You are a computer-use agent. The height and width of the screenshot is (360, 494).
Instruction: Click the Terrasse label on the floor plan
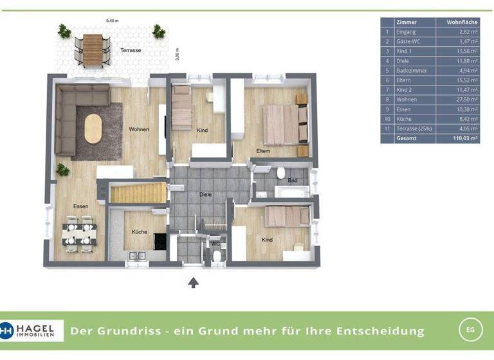pyautogui.click(x=131, y=50)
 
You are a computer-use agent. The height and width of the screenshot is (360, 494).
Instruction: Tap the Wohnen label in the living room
pyautogui.click(x=139, y=129)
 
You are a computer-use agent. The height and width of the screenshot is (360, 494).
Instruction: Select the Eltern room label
pyautogui.click(x=263, y=151)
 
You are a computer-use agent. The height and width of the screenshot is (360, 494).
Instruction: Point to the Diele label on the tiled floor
pyautogui.click(x=206, y=194)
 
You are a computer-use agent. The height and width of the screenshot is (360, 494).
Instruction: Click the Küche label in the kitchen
pyautogui.click(x=140, y=232)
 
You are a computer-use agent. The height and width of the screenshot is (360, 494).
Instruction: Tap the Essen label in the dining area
pyautogui.click(x=80, y=206)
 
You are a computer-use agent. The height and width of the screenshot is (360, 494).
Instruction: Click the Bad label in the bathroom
pyautogui.click(x=293, y=181)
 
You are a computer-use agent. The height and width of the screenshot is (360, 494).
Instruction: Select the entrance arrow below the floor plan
pyautogui.click(x=192, y=282)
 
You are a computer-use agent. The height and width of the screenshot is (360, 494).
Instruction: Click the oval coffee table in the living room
pyautogui.click(x=93, y=129)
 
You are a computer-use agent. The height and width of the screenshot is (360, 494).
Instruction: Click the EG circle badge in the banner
pyautogui.click(x=470, y=330)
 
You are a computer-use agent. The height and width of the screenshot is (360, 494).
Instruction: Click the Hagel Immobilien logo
pyautogui.click(x=32, y=330)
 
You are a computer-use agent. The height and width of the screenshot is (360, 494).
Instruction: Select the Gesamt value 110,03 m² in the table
pyautogui.click(x=464, y=138)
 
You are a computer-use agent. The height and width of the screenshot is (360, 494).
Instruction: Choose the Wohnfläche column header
pyautogui.click(x=458, y=22)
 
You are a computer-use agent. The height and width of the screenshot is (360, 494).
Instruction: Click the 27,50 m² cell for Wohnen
pyautogui.click(x=466, y=100)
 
